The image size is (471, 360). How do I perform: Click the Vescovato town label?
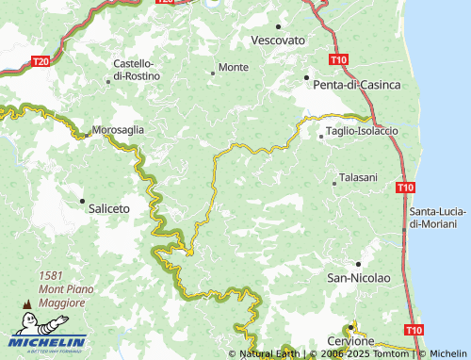280,41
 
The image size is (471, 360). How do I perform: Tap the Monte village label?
234,68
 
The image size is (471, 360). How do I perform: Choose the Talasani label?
358,177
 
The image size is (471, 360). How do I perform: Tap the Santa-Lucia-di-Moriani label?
433,218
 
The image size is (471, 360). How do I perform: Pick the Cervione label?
351,340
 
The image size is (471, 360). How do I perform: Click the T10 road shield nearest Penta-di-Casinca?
340,59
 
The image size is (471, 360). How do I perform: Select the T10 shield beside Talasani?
404,188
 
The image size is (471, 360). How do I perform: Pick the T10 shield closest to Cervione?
413,330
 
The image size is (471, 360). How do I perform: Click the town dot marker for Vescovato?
280,26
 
